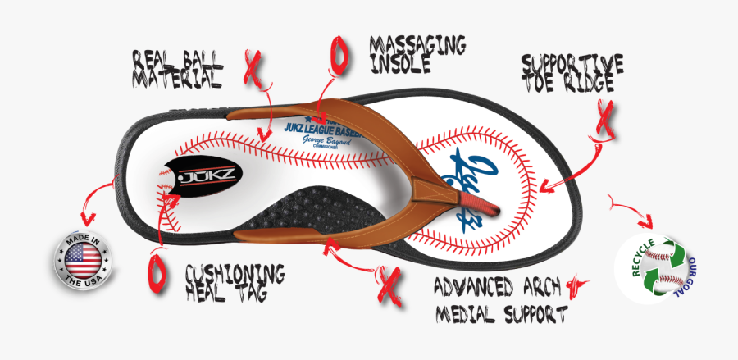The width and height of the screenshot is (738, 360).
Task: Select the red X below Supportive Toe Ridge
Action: (604, 120)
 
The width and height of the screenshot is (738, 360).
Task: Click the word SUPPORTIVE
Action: (572, 62)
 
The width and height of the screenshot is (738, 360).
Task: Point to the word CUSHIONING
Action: (235, 272)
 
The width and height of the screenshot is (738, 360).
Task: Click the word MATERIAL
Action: (178, 79)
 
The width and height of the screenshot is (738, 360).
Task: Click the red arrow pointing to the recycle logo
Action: (632, 212)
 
